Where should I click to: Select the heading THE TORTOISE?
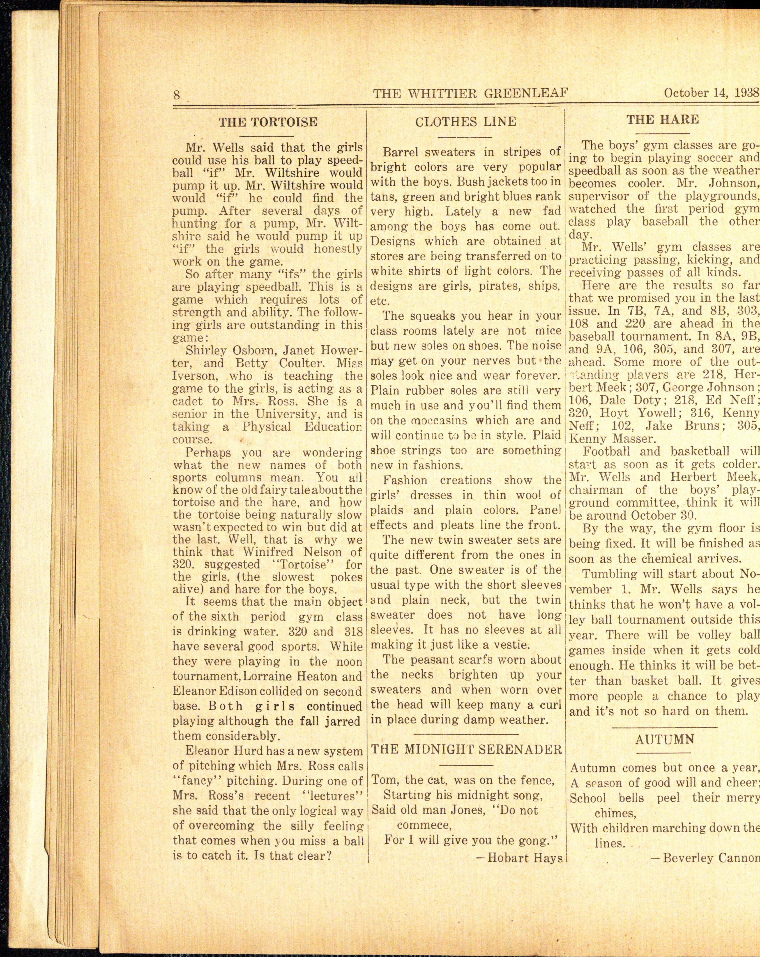[268, 122]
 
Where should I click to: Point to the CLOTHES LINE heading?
[465, 122]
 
